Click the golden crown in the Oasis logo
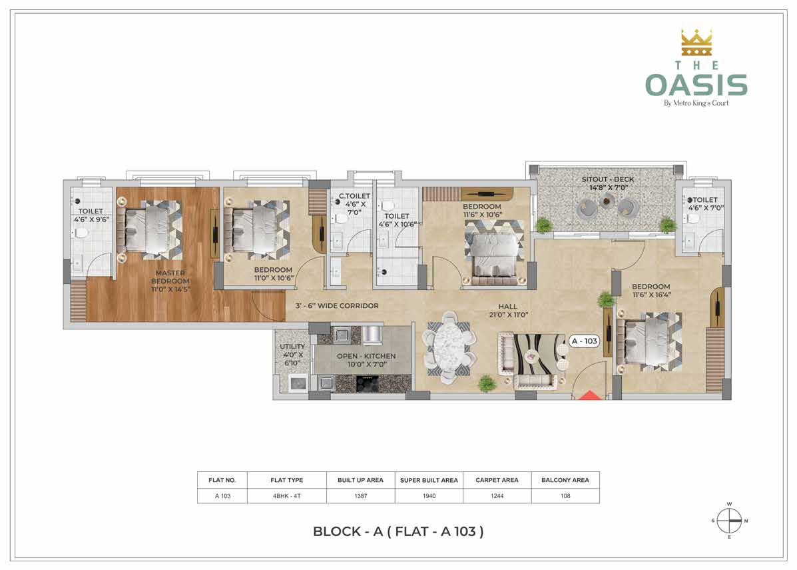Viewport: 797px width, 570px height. tap(696, 43)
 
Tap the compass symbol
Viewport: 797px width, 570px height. tap(729, 521)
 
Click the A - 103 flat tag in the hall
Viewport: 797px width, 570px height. tap(584, 341)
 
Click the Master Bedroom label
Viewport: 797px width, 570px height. tap(170, 281)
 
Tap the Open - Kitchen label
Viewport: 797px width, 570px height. tap(366, 360)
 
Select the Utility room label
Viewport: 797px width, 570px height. tap(292, 354)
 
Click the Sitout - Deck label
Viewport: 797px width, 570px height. tap(608, 183)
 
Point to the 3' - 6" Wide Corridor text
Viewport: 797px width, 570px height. tap(337, 306)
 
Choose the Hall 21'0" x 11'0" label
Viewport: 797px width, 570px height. tap(508, 311)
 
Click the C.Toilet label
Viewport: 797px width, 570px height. tap(354, 203)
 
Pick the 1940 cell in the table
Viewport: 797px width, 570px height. tap(429, 496)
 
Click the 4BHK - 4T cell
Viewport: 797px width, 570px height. tap(287, 496)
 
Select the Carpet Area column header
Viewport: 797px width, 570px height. tap(497, 480)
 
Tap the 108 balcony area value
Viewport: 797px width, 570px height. tap(565, 496)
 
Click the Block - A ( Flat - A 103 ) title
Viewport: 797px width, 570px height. tap(398, 531)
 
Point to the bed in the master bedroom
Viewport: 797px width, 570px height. tap(149, 229)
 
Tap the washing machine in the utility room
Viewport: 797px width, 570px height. tap(298, 383)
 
